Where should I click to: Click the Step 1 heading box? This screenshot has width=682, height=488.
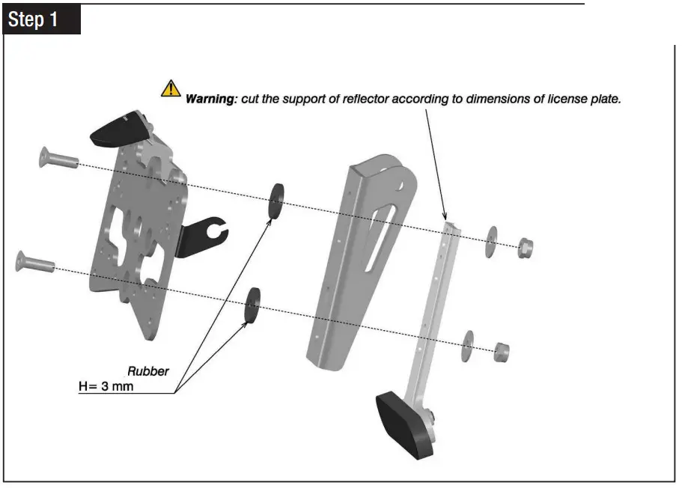click(x=42, y=19)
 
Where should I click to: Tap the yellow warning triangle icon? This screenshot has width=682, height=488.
click(x=171, y=89)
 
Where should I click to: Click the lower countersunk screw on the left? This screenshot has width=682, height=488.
click(x=34, y=263)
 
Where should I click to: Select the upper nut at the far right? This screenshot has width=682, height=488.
click(x=526, y=247)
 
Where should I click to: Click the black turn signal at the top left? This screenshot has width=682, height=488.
click(x=118, y=126)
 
